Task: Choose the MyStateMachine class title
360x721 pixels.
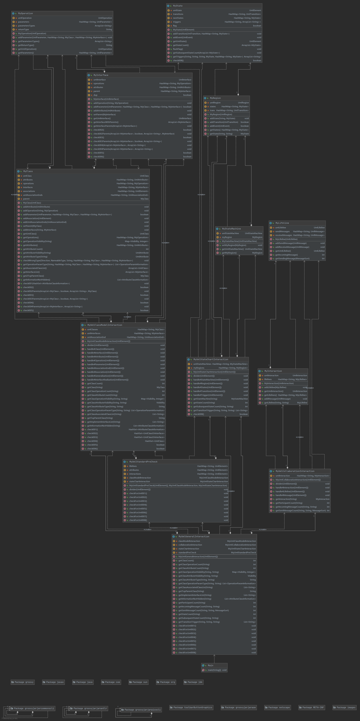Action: coord(231,229)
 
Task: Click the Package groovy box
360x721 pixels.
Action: coord(22,682)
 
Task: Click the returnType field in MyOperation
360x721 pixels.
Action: coord(23,29)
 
